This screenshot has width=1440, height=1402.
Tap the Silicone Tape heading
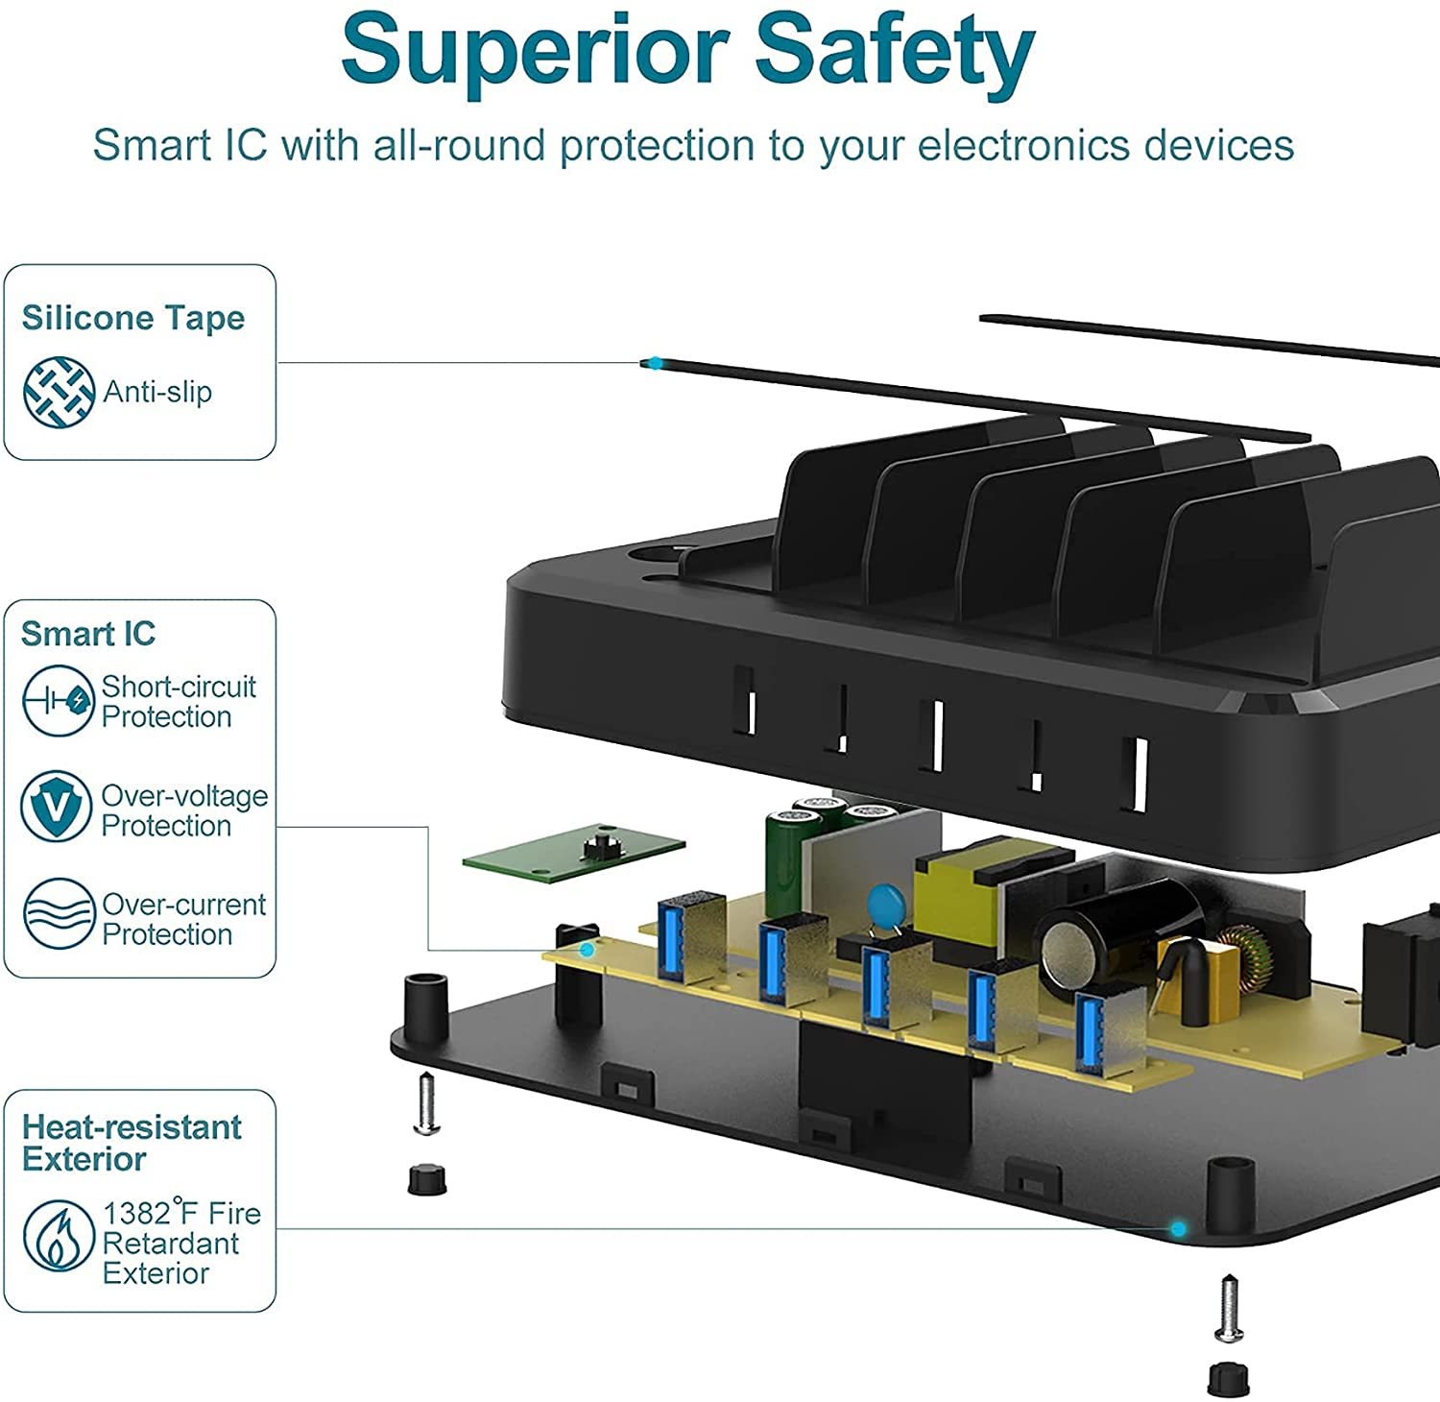click(x=132, y=318)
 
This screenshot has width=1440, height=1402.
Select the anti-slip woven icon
click(x=59, y=392)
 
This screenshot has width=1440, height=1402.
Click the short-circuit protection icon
click(x=58, y=701)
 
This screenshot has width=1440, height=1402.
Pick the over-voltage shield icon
click(x=57, y=807)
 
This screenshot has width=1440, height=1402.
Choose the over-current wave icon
click(x=59, y=913)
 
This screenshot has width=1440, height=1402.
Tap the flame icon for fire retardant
click(x=59, y=1235)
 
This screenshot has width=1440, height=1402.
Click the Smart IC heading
click(x=87, y=634)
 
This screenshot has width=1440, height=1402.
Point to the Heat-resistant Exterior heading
click(x=132, y=1143)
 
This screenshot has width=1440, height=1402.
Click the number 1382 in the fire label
click(x=137, y=1214)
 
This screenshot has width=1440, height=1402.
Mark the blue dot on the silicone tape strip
click(x=655, y=363)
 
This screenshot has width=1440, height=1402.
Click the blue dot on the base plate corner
click(x=1178, y=1228)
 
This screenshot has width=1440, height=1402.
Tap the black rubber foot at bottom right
click(x=1228, y=1379)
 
